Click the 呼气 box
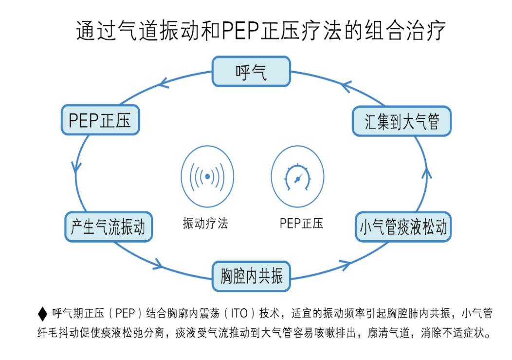(x=251, y=71)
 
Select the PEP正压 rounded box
(x=100, y=120)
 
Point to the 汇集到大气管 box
(x=402, y=122)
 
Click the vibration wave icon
(x=207, y=176)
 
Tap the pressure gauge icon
(x=297, y=176)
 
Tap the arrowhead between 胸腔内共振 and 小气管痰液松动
(x=345, y=265)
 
